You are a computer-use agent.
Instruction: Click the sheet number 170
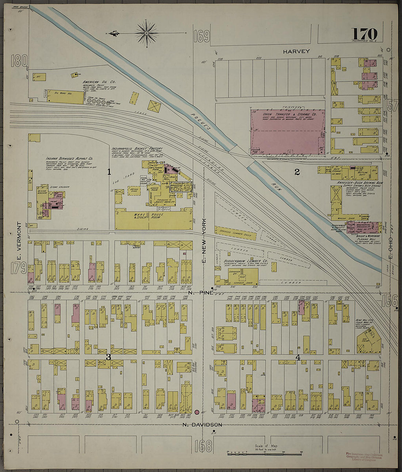pos(364,34)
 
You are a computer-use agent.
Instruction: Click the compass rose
pos(146,34)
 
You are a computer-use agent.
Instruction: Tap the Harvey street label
pos(296,52)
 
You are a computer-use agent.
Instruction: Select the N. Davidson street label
pos(202,425)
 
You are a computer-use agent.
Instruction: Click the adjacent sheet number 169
pos(202,36)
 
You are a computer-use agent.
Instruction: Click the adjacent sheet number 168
pos(203,446)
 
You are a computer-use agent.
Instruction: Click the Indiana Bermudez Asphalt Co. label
pos(69,159)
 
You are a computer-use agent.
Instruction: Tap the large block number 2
pos(297,172)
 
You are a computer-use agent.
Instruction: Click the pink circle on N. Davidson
pos(197,412)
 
